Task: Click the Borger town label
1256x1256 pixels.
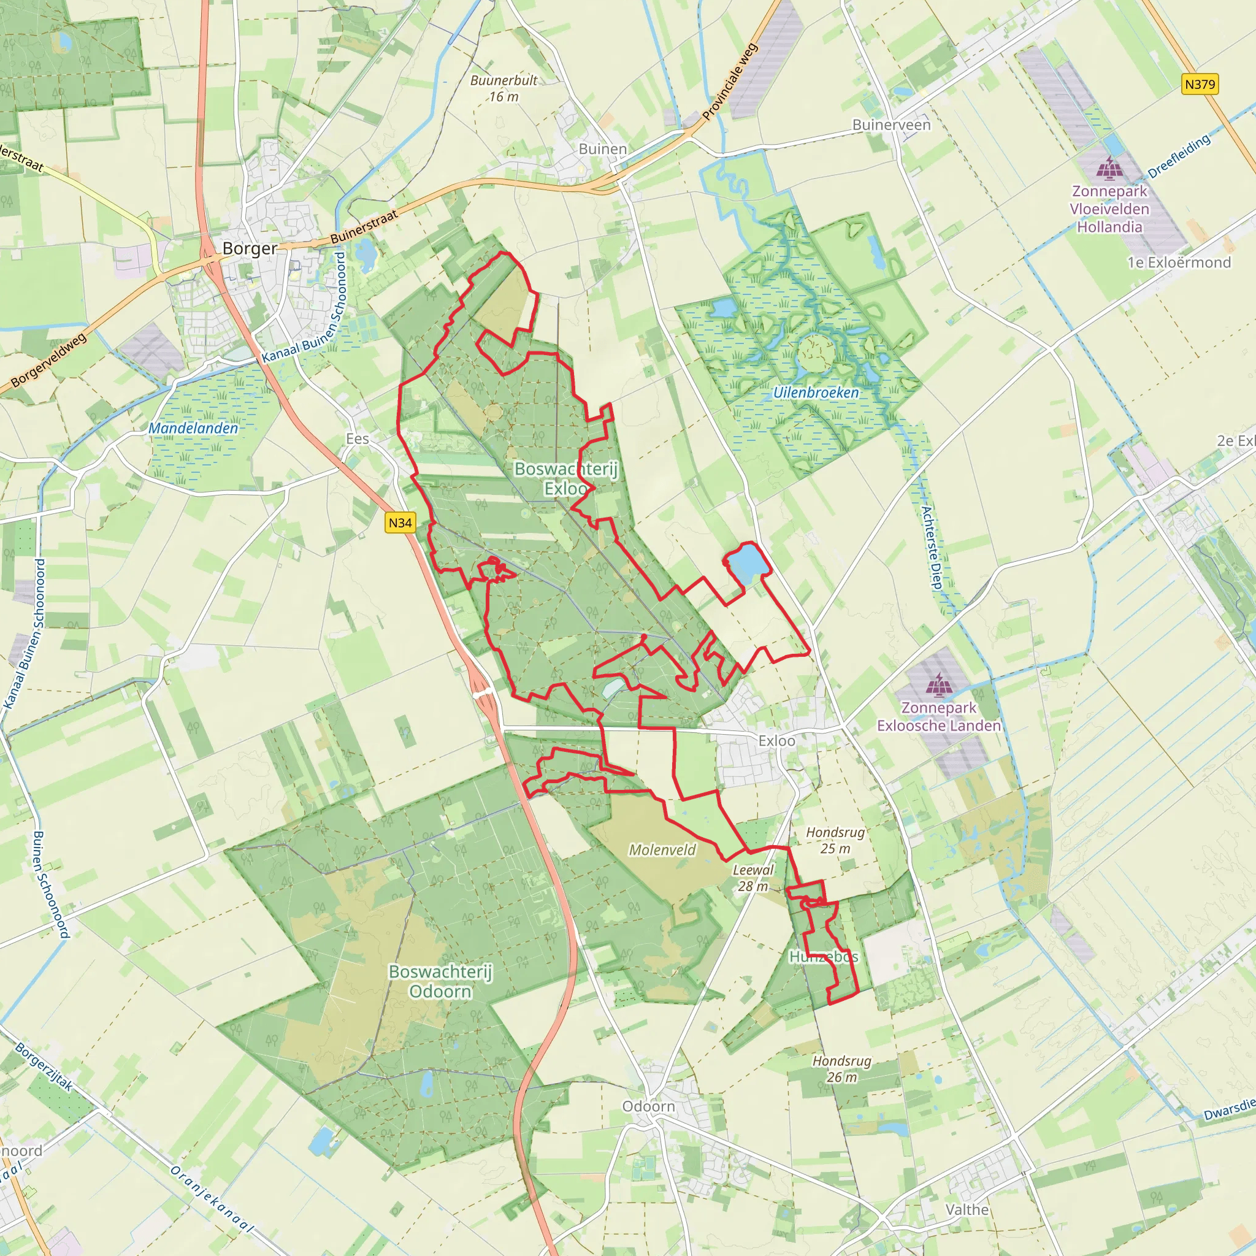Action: [x=250, y=248]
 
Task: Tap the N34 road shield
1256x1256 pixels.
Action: [x=400, y=523]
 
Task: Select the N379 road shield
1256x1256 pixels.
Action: [x=1200, y=84]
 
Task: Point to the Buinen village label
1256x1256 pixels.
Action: [x=603, y=149]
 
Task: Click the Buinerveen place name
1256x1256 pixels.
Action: [x=891, y=125]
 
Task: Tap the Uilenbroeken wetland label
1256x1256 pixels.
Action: [x=816, y=392]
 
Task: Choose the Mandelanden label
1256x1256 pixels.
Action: [x=193, y=429]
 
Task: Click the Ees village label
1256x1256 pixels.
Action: [x=358, y=439]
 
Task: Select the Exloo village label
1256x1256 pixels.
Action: [x=777, y=741]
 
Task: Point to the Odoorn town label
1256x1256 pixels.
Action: [x=649, y=1106]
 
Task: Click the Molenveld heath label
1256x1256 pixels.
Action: [x=662, y=849]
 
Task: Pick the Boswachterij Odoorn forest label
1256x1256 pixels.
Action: [x=440, y=981]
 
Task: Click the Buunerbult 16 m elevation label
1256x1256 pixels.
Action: [x=504, y=88]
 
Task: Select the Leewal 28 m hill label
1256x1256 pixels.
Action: [x=753, y=878]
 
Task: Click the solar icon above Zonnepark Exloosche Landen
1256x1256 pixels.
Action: [x=938, y=684]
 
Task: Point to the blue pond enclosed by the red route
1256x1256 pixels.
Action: [x=748, y=562]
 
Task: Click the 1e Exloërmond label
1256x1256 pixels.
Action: [x=1179, y=262]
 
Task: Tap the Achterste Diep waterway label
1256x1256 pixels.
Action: [x=931, y=548]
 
